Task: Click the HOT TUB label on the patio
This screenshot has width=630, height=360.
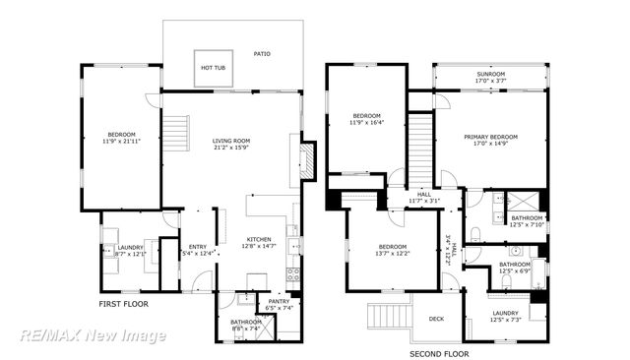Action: pos(213,68)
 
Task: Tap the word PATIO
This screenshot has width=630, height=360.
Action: pos(262,54)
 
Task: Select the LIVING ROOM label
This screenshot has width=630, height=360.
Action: pos(231,141)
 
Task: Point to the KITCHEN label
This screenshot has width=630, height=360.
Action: pos(258,239)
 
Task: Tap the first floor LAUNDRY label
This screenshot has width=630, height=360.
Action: pos(130,247)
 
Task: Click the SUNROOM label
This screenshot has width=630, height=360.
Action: pos(490,74)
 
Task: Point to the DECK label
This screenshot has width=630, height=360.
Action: pos(437,318)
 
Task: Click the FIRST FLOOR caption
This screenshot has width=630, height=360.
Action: pos(123,304)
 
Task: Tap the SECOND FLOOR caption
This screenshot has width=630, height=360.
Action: pos(439,353)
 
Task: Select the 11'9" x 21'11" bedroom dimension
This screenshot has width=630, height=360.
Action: pos(121,142)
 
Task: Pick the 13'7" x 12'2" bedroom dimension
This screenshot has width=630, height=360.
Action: pos(393,254)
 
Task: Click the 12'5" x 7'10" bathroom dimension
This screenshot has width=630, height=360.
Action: pos(527,224)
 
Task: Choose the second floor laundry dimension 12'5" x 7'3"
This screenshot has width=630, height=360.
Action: pos(511,320)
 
